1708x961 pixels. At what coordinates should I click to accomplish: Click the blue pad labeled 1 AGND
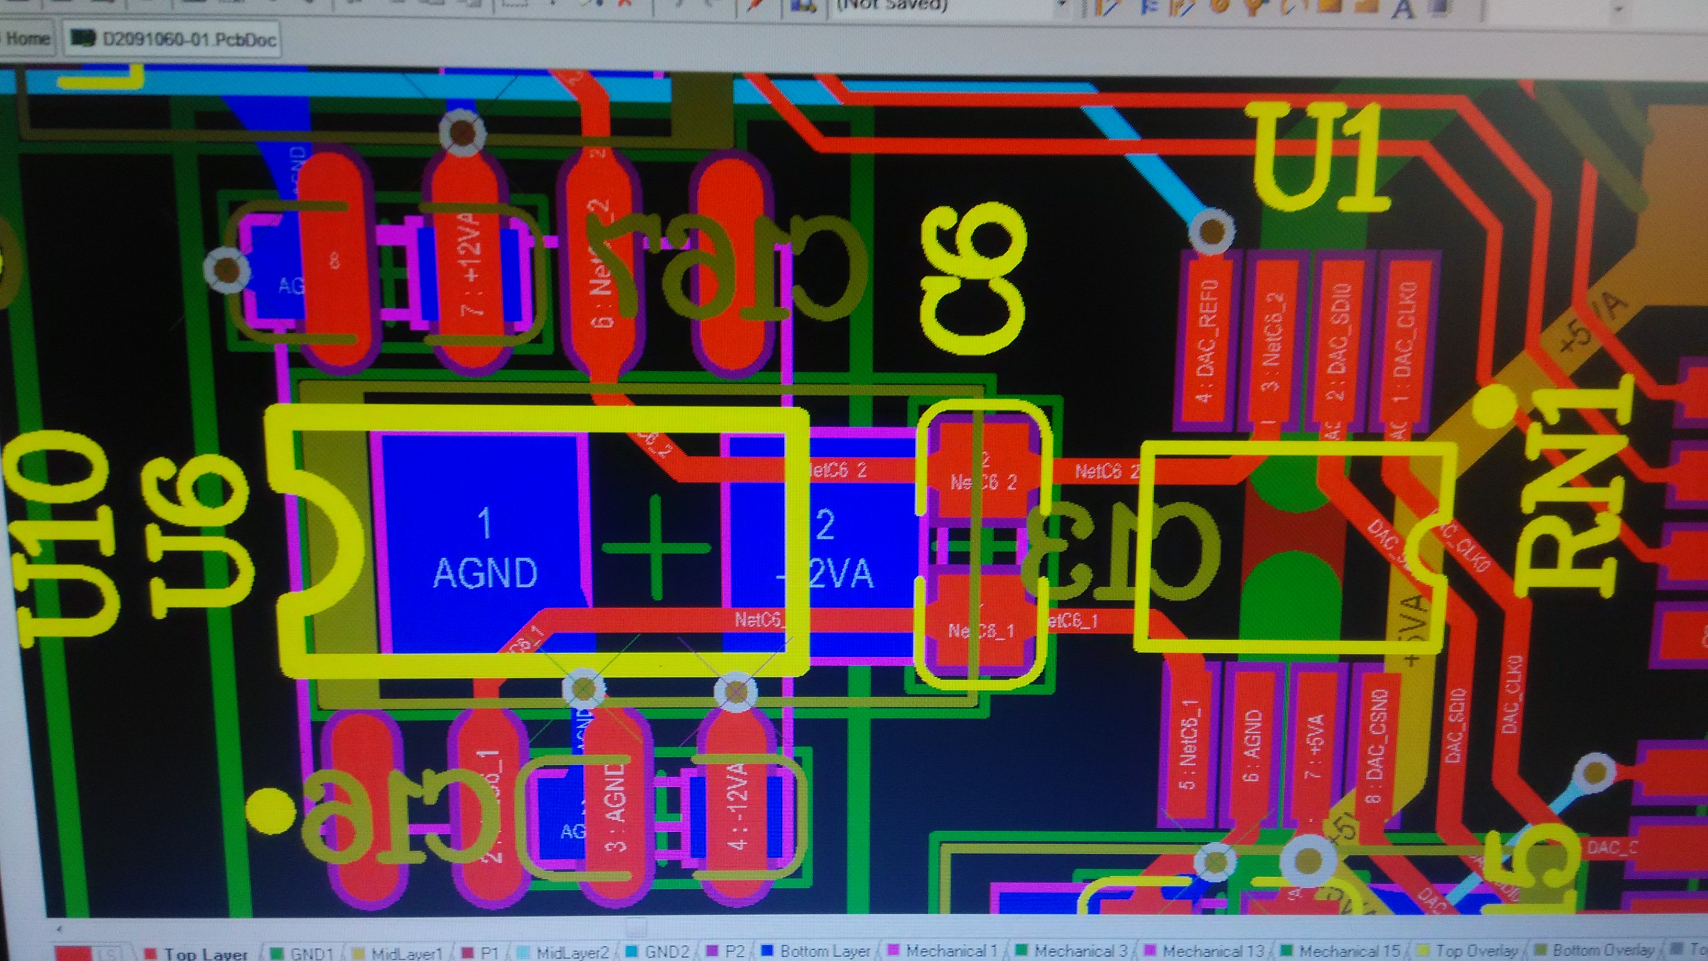click(484, 544)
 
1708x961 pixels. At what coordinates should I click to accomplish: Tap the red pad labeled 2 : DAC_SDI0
click(1340, 345)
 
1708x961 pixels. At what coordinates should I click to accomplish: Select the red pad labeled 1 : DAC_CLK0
click(1404, 345)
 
